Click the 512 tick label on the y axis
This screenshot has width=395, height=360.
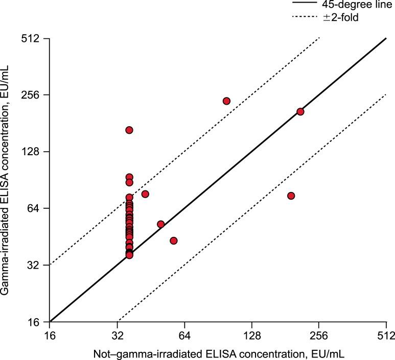click(x=33, y=38)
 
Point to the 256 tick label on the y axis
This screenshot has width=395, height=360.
click(x=33, y=95)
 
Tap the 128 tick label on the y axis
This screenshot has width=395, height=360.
click(x=33, y=152)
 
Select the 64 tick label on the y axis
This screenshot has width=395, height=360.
click(x=36, y=208)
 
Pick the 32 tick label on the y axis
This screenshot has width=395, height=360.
click(x=36, y=265)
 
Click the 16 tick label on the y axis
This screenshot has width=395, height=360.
click(x=36, y=322)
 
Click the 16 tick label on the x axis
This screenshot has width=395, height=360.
click(x=50, y=335)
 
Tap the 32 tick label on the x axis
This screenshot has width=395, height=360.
click(x=118, y=335)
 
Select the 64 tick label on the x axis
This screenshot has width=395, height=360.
click(x=184, y=335)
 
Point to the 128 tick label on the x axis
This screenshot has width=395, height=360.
click(x=252, y=335)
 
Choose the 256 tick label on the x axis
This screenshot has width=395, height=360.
click(x=319, y=335)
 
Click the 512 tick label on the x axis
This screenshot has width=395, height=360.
click(x=386, y=335)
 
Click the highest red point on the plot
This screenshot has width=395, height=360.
click(x=226, y=101)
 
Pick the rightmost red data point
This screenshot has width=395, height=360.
click(x=300, y=111)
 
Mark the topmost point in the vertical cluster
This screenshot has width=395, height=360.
click(x=129, y=130)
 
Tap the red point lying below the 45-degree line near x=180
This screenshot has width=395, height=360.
click(x=291, y=196)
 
